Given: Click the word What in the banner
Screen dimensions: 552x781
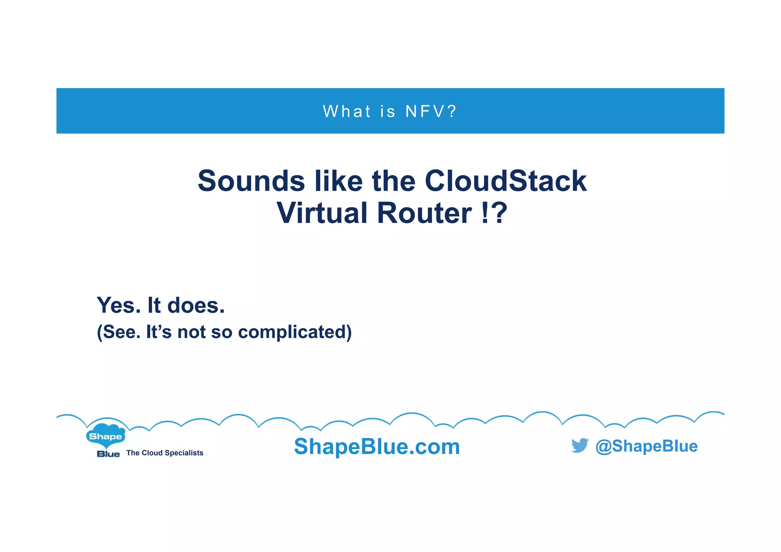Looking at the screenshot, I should pos(347,112).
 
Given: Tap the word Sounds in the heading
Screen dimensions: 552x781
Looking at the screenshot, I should pos(251,181).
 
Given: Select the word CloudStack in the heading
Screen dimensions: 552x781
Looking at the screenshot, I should pos(505,181).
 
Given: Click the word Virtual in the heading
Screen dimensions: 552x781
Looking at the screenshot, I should pos(321,213).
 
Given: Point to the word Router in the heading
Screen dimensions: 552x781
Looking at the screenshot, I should pos(424,213).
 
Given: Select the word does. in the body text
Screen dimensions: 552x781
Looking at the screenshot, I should pos(196,305).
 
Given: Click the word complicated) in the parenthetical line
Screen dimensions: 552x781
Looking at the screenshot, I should pos(295,332).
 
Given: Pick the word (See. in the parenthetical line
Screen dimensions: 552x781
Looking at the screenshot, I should pos(119,332).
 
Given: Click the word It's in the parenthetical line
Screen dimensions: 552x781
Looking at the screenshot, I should pos(159,332).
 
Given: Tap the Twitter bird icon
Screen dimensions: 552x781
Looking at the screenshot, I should pos(579,445).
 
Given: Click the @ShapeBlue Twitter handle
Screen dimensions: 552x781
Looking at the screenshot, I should pos(646,446).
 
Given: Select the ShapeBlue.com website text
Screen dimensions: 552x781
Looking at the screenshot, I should pos(377,446).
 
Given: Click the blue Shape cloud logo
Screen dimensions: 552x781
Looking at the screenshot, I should pos(105,435).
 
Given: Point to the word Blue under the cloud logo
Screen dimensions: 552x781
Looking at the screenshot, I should pos(108,454).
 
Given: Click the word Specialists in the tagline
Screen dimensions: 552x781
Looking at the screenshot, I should pos(184,453).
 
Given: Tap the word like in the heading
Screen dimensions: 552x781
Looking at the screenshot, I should pos(338,181).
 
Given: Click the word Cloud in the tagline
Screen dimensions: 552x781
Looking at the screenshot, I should pos(152,453).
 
